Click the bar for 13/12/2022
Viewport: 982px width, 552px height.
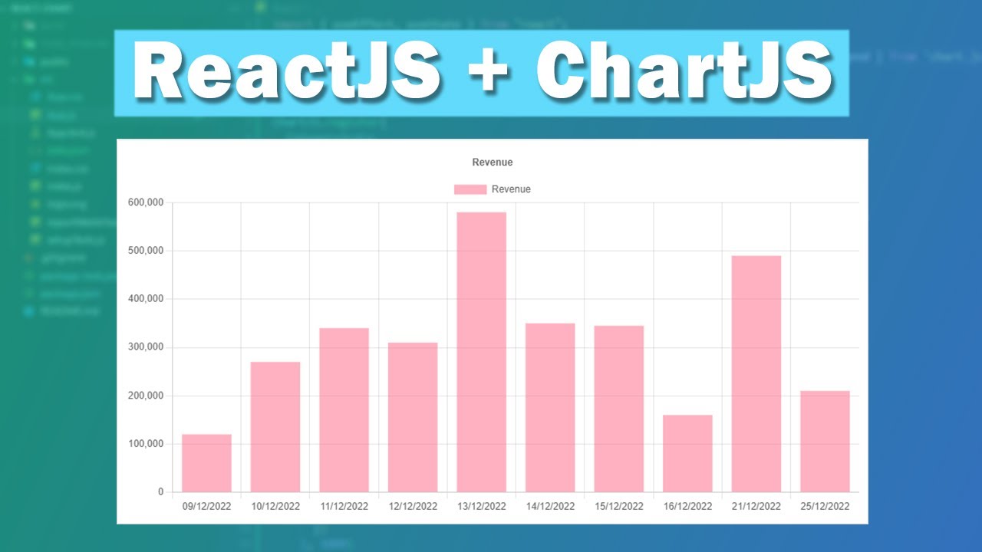(481, 352)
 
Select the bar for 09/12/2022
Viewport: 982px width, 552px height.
(206, 463)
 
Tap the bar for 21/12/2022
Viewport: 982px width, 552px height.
(756, 373)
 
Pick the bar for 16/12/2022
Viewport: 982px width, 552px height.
(687, 453)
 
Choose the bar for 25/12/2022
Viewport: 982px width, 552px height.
(825, 441)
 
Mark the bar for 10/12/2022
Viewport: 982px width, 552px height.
(275, 426)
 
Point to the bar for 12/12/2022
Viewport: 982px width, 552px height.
(413, 417)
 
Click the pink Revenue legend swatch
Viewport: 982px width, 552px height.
(470, 189)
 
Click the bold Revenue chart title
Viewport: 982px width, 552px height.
(492, 163)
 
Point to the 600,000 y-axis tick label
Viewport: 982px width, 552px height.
(147, 202)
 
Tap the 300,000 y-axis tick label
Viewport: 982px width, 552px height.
(147, 347)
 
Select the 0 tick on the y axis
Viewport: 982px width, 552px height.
(161, 492)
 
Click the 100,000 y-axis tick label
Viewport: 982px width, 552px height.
(147, 444)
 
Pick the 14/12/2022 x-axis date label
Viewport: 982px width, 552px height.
(550, 507)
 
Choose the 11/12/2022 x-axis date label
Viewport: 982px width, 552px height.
(344, 507)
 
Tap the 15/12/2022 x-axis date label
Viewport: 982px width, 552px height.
(618, 507)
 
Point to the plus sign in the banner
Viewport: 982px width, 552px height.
(488, 74)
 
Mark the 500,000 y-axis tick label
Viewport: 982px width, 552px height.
(147, 251)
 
